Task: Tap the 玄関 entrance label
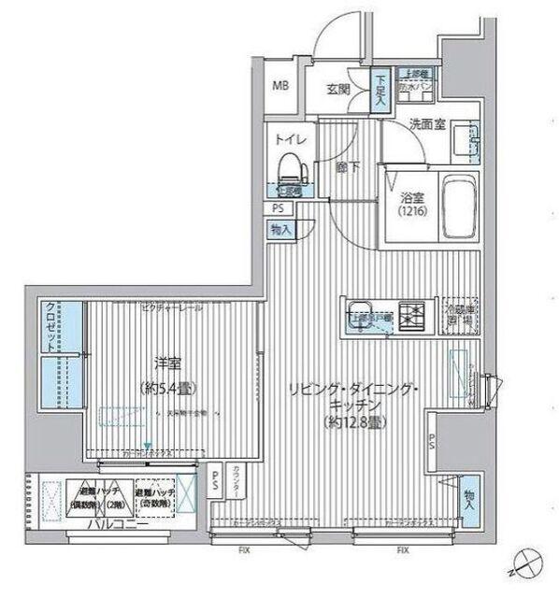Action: pyautogui.click(x=337, y=89)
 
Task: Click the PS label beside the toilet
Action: pyautogui.click(x=278, y=208)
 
